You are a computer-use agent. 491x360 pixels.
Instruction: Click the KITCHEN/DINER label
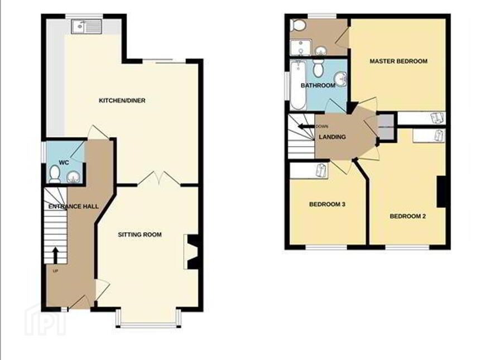122,100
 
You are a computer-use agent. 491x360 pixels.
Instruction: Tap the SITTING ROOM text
139,234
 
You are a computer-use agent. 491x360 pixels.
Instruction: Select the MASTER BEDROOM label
398,61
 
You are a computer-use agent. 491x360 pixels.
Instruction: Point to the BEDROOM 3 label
327,204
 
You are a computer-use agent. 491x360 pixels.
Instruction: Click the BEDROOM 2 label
408,216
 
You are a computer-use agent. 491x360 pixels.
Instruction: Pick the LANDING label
332,137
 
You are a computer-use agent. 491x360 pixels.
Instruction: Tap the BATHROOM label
318,85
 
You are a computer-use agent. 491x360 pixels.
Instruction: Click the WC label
64,163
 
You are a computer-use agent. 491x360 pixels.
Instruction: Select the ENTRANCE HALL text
74,207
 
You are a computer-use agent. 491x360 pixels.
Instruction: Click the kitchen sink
86,27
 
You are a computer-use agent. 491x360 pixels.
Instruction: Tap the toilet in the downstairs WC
55,175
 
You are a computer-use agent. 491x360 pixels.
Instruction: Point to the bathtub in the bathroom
298,85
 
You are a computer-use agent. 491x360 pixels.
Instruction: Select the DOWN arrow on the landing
306,127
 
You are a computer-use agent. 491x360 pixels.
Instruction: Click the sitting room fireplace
191,252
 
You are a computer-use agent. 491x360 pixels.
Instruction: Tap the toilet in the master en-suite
298,25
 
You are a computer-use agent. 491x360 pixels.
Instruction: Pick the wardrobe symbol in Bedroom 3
322,171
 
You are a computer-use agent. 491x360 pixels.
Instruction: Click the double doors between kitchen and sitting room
159,179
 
